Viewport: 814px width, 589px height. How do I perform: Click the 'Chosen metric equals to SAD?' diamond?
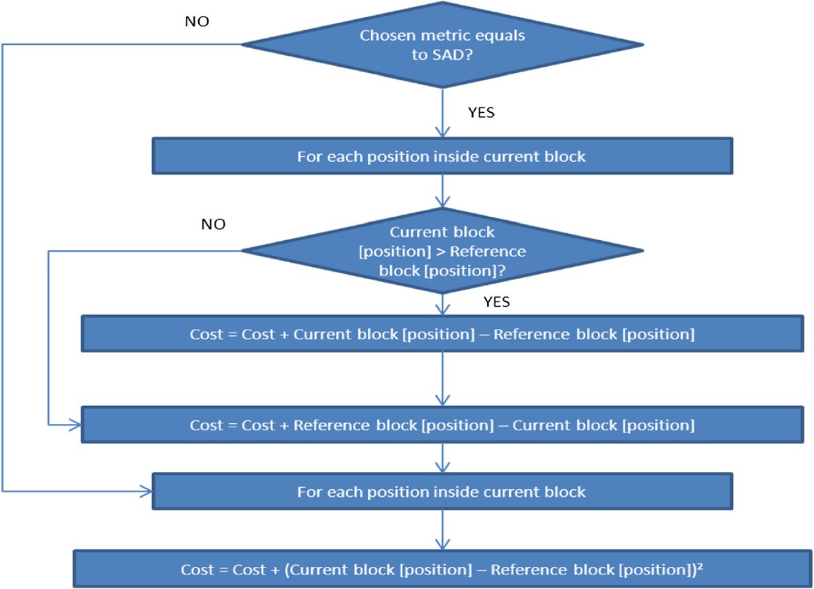point(442,45)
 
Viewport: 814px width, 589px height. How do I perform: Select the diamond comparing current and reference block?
point(442,251)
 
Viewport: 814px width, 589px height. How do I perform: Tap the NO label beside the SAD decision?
point(197,21)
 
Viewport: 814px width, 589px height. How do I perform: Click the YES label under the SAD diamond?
point(480,113)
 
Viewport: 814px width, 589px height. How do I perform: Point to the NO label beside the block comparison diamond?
point(214,224)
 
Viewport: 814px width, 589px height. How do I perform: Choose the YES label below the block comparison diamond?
point(496,302)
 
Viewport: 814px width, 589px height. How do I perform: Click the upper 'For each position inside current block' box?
point(441,157)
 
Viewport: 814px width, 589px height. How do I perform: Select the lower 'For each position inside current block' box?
point(441,492)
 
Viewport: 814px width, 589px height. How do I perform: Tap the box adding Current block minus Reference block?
point(442,334)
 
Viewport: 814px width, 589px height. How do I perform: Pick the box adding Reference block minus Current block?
point(442,425)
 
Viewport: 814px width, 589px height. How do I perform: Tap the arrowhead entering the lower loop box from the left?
point(146,491)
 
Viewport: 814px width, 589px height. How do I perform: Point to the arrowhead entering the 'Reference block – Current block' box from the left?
point(75,425)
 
